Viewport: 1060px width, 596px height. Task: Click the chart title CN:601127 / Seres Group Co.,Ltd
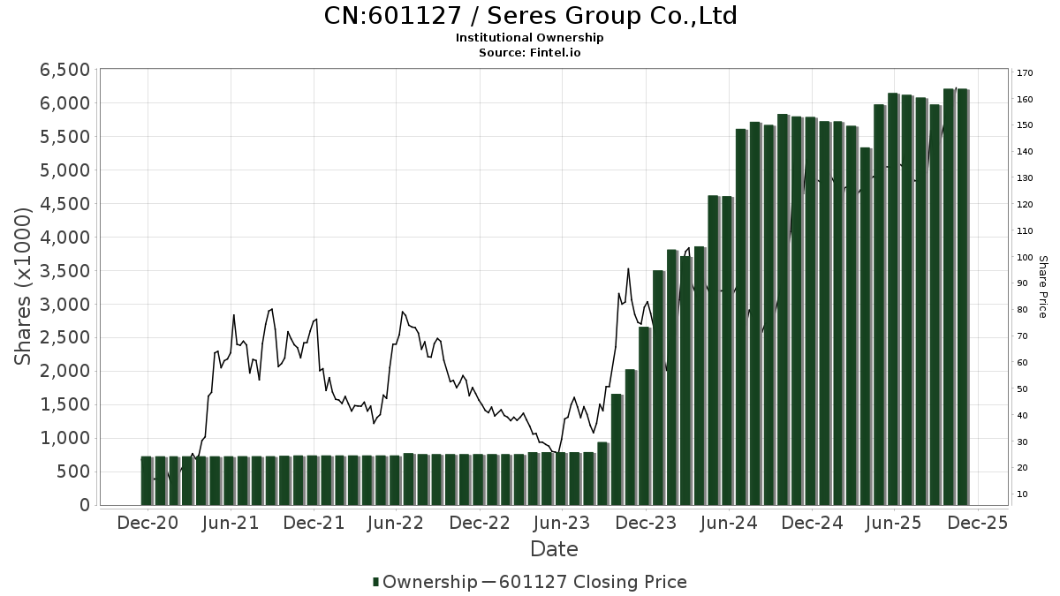tap(530, 16)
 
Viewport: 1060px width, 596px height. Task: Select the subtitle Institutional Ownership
tap(530, 38)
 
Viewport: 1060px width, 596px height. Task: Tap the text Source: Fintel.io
tap(530, 53)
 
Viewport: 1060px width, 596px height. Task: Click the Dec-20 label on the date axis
tap(148, 523)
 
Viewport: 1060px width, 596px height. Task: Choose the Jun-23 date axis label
tap(563, 523)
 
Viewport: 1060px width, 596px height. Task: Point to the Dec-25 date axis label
tap(977, 523)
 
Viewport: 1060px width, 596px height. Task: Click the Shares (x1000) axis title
tap(24, 286)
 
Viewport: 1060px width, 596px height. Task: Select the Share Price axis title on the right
tap(1042, 286)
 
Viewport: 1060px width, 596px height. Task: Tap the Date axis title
tap(554, 549)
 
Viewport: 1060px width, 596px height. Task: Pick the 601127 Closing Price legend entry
tap(593, 582)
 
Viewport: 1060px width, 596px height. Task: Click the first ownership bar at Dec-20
tap(146, 481)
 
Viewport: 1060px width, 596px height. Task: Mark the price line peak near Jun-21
tap(233, 315)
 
